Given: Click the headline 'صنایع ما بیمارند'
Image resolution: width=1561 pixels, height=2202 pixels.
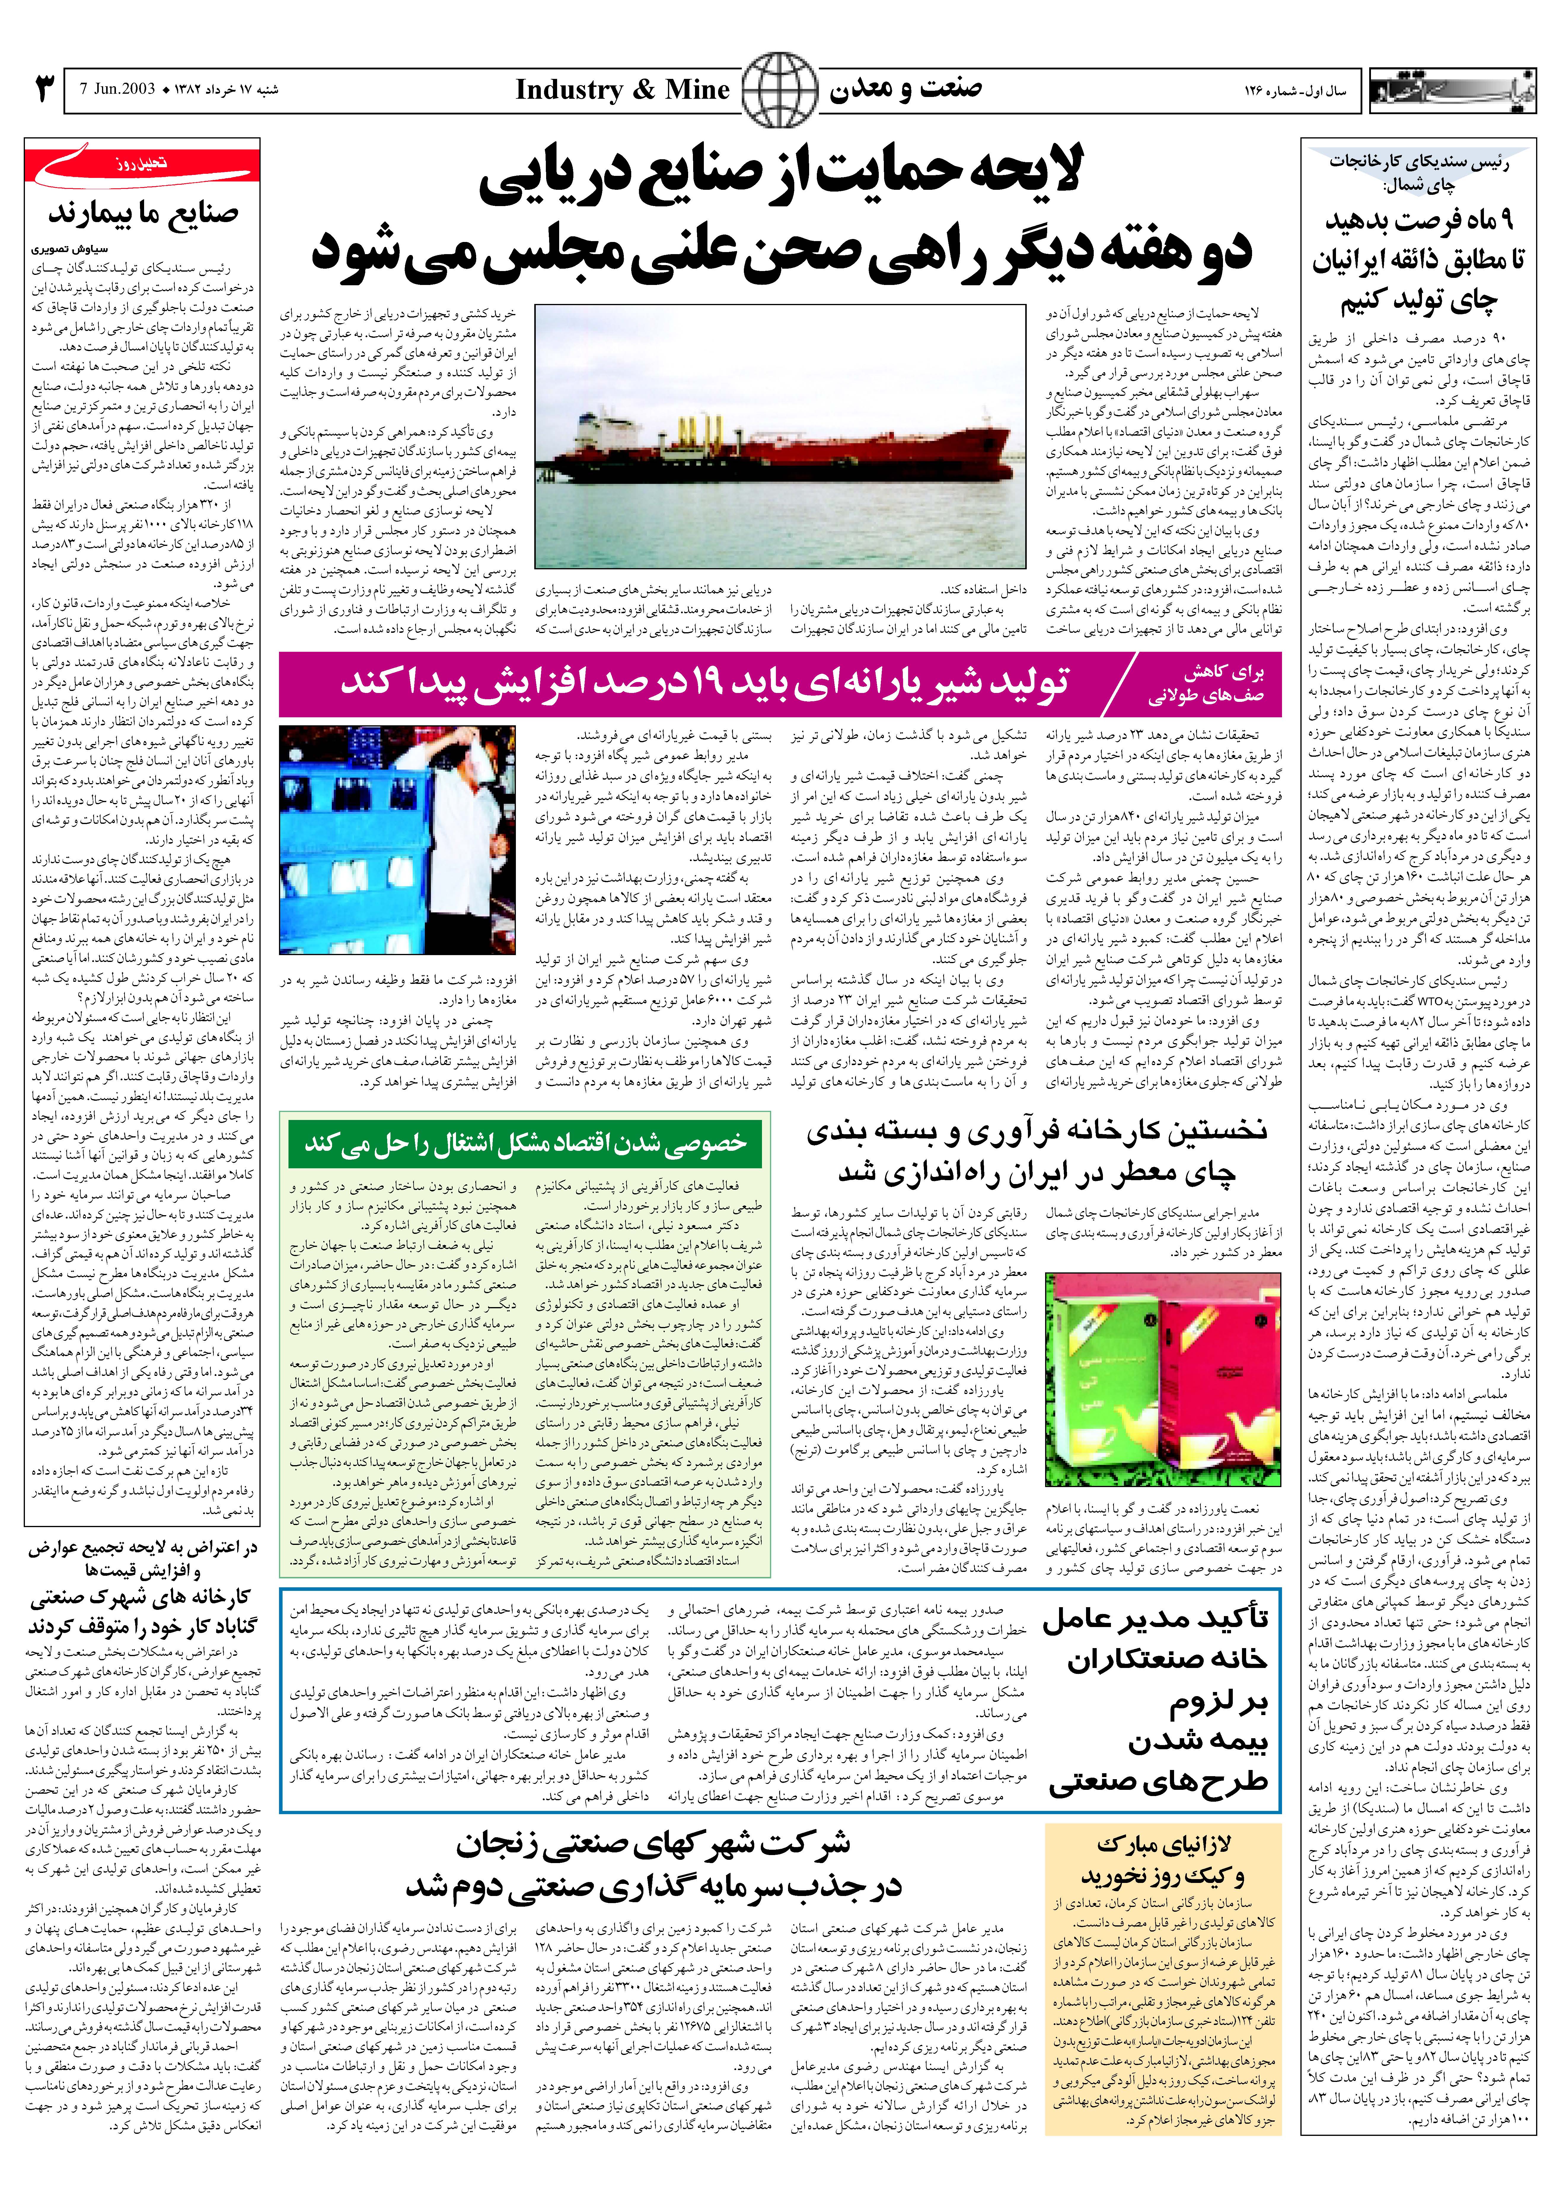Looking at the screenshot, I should point(144,213).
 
